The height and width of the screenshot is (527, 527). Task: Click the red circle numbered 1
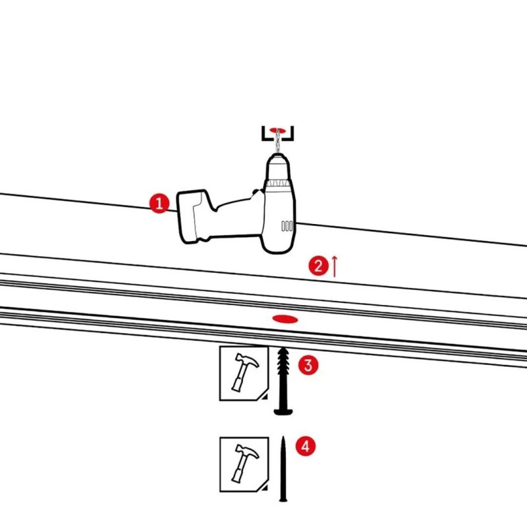(x=159, y=203)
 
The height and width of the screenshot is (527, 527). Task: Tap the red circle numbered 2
(x=319, y=266)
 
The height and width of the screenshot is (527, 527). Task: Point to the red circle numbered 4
(x=303, y=446)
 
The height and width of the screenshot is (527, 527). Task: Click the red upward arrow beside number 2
(x=335, y=265)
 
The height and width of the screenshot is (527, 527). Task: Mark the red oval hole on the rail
(x=285, y=319)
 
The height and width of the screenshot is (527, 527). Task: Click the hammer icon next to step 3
(x=242, y=373)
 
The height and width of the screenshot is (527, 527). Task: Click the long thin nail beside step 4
(x=283, y=468)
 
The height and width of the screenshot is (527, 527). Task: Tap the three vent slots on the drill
(x=287, y=225)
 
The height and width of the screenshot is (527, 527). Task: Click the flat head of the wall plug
(x=283, y=412)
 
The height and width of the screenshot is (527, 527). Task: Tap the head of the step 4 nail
(x=283, y=499)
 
